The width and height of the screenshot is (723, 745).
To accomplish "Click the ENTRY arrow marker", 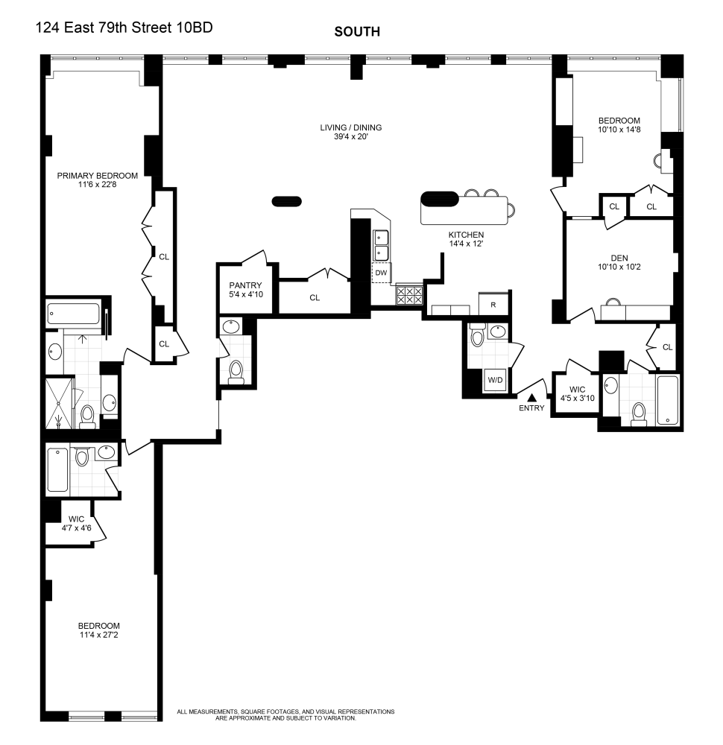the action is [532, 398].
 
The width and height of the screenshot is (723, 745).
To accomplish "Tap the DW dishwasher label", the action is [381, 273].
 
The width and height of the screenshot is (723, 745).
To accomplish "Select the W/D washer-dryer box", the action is [496, 380].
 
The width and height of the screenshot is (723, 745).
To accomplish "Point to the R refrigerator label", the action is [493, 305].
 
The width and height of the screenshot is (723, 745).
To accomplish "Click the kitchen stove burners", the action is [409, 295].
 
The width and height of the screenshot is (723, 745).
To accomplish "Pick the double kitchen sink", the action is [381, 244].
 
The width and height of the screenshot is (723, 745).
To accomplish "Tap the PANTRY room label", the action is [245, 285].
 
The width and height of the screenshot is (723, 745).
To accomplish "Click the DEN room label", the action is [619, 258].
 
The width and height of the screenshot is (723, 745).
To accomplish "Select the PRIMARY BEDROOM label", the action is [98, 176].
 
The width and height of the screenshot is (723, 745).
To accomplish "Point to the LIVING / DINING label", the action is [351, 128].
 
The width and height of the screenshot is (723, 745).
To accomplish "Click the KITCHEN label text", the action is [467, 235].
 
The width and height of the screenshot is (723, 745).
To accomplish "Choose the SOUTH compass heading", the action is [357, 32].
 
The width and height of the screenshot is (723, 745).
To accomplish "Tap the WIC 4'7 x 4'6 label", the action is [77, 524].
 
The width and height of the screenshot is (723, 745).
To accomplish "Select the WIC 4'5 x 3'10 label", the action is [578, 394].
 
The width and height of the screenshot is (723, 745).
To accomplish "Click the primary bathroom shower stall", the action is [60, 403].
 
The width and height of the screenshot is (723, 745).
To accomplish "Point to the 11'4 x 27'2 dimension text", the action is [99, 635].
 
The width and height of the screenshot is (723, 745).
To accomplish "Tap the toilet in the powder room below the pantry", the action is [236, 372].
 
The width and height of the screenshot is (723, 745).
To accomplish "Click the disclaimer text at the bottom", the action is [285, 715].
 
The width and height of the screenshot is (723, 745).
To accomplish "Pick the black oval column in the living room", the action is [287, 201].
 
